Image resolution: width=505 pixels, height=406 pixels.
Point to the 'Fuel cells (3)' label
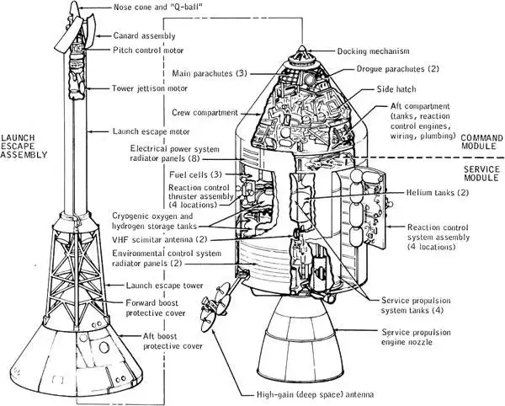[x=195, y=174]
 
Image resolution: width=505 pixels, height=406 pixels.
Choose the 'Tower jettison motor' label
[x=152, y=88]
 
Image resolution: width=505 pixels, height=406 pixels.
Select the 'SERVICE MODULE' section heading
[x=482, y=175]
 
